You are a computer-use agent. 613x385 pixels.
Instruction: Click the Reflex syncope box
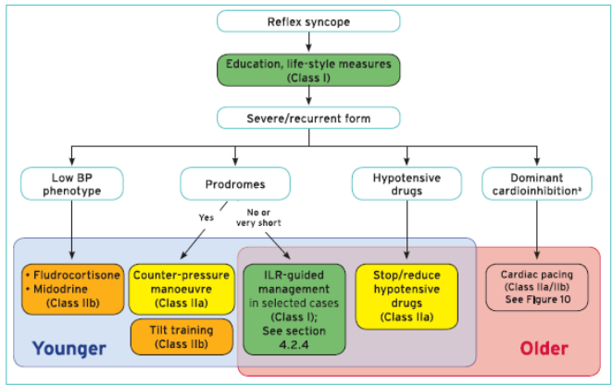308,21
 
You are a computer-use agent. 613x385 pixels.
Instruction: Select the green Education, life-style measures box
308,70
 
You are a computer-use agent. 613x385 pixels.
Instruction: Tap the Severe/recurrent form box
308,118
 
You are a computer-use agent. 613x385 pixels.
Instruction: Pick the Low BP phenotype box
72,183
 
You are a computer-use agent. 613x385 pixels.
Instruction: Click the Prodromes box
235,183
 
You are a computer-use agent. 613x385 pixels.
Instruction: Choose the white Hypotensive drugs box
407,183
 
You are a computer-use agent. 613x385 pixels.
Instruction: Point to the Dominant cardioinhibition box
537,183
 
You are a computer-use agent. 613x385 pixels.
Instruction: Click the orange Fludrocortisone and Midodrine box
73,290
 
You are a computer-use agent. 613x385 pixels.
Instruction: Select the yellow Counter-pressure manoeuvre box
181,290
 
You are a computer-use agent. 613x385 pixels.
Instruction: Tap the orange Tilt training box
181,337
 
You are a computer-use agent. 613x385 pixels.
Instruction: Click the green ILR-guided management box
294,309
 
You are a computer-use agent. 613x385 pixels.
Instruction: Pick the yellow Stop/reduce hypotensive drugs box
407,296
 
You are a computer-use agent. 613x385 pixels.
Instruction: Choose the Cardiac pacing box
537,287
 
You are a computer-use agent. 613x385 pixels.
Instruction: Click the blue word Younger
69,348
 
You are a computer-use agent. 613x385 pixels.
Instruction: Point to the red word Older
544,348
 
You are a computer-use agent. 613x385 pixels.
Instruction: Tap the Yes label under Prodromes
206,217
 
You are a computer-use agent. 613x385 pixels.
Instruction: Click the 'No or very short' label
258,217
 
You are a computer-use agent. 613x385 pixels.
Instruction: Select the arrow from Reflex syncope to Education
308,42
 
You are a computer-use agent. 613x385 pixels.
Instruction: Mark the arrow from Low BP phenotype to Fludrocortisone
72,230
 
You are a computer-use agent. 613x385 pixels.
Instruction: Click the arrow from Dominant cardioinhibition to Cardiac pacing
537,230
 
